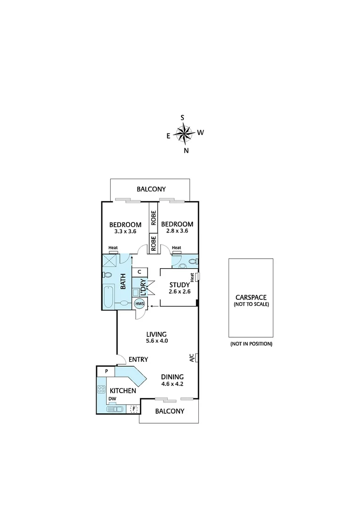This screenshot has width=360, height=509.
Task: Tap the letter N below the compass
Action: (186, 151)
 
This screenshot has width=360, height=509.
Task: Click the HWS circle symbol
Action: (140, 304)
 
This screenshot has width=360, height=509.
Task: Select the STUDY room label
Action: (179, 285)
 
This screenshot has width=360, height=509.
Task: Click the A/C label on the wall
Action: (192, 358)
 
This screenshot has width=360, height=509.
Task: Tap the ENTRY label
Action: (138, 360)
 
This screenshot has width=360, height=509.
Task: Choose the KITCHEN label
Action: (123, 391)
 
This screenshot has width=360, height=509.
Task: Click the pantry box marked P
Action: (106, 371)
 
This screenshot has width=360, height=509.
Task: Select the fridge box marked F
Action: (134, 409)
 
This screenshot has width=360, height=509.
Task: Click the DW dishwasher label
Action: (112, 399)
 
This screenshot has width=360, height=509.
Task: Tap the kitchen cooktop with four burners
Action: (101, 390)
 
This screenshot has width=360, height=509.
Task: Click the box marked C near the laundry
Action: (139, 272)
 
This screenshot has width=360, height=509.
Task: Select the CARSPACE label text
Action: (251, 297)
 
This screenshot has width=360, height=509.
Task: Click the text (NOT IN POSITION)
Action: (251, 344)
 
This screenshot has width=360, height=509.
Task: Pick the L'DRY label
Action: (142, 287)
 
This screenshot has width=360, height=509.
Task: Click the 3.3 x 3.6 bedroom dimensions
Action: (125, 232)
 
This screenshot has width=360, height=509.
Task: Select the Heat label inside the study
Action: (192, 278)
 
